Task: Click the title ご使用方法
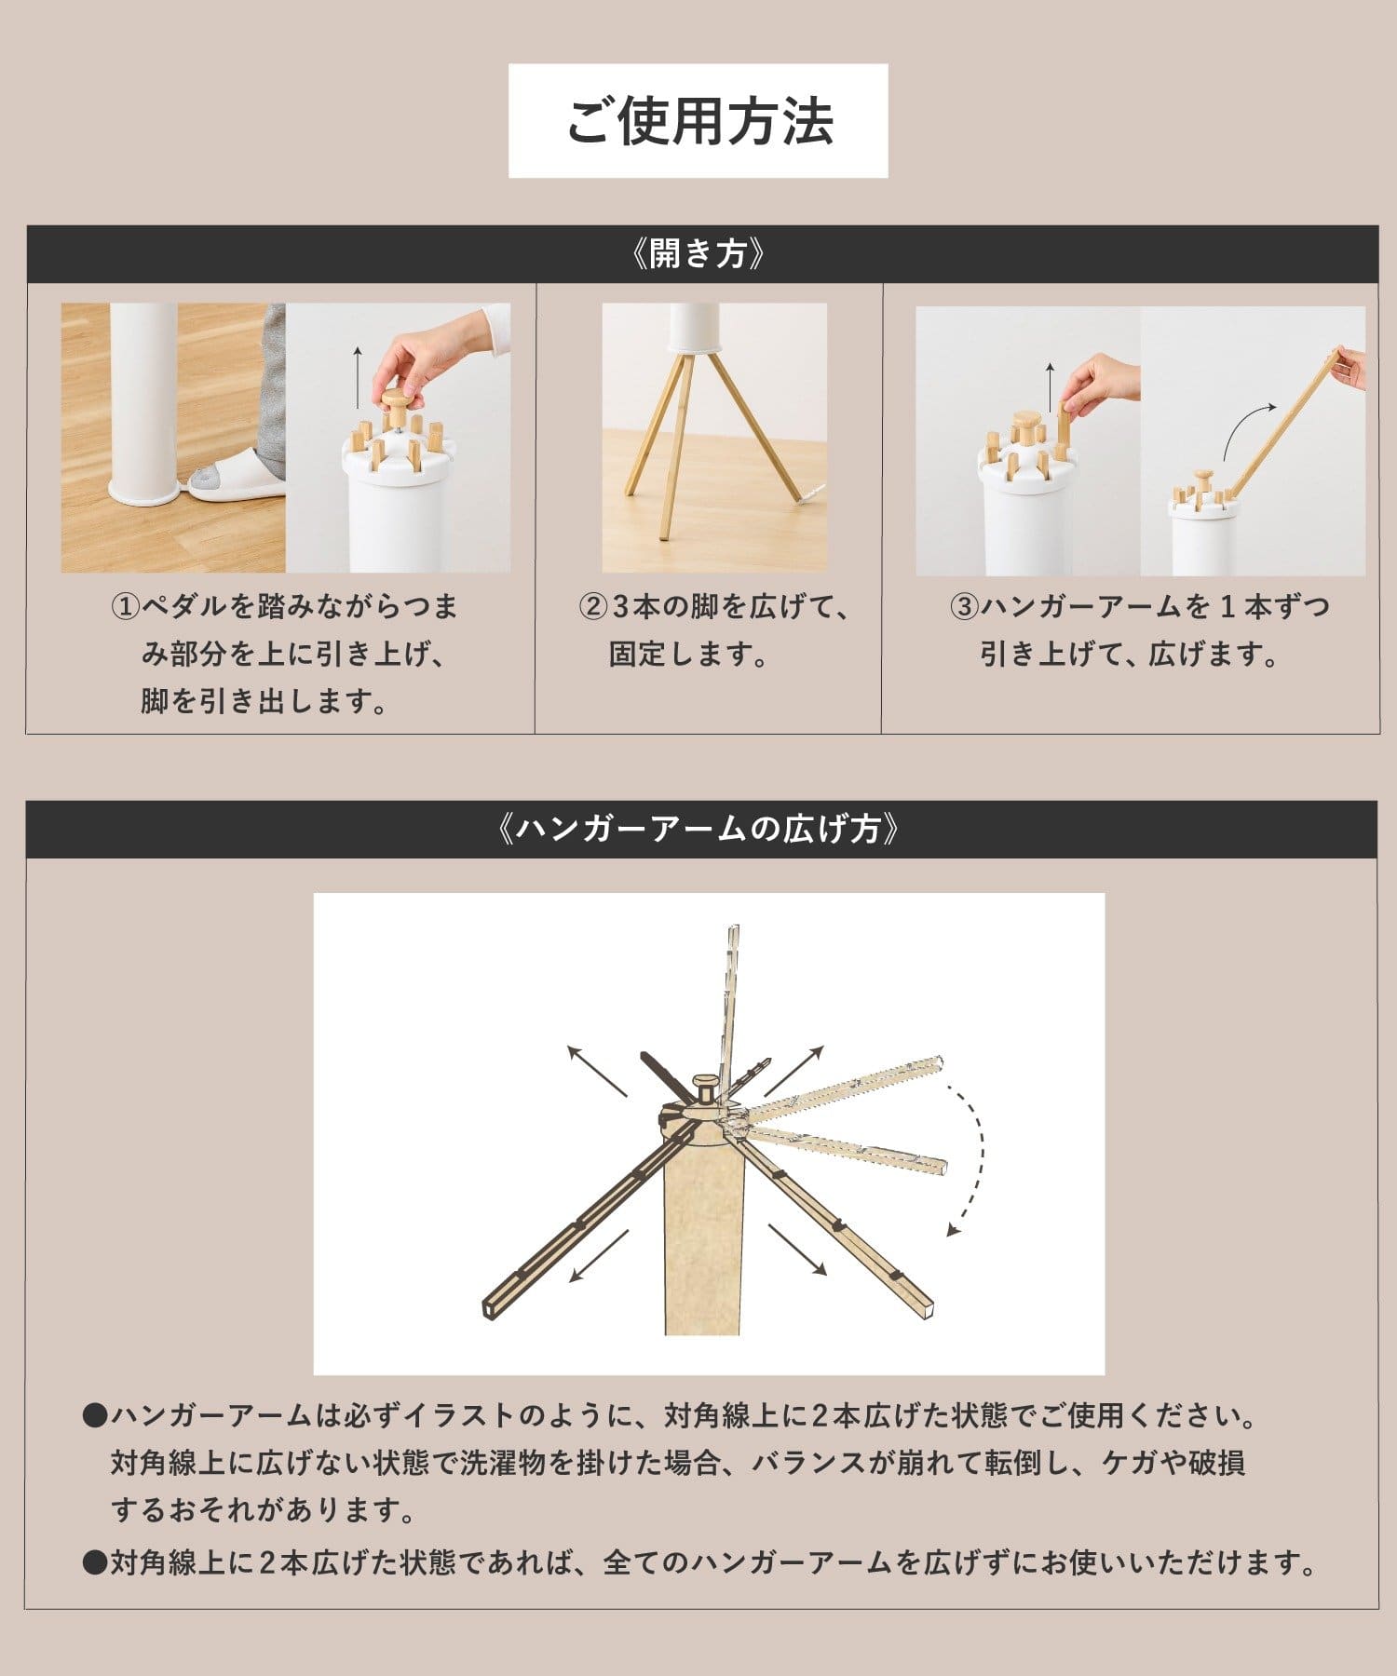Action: tap(698, 121)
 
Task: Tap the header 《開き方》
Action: tap(698, 253)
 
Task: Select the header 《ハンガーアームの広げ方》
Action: tap(698, 828)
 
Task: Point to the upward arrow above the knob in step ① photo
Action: tap(358, 378)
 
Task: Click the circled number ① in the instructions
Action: tap(126, 608)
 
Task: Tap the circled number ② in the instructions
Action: tap(592, 608)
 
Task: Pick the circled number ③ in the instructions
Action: tap(963, 608)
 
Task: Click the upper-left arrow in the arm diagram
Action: tap(597, 1071)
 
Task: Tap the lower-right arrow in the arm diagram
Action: tap(797, 1250)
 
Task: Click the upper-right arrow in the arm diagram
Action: tap(793, 1070)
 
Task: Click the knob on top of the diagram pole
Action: tap(705, 1087)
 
